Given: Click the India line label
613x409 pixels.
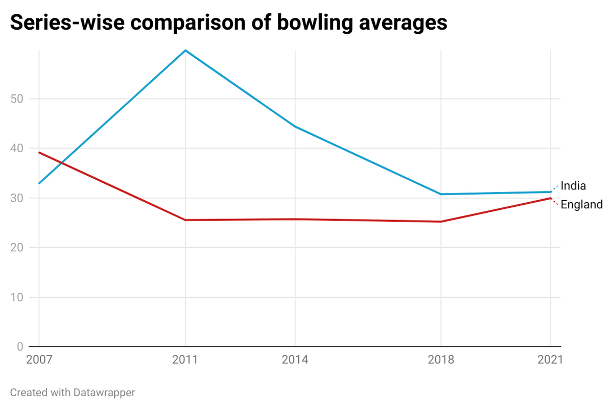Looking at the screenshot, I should [573, 186].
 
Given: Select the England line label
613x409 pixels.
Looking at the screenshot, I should [582, 205].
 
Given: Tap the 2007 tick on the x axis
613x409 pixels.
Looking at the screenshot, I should [39, 359].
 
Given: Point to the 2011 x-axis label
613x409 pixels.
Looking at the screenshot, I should [185, 359].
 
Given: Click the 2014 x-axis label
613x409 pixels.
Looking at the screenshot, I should [295, 359].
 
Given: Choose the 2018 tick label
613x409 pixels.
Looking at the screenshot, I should [441, 359].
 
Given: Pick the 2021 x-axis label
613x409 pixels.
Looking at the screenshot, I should [550, 359].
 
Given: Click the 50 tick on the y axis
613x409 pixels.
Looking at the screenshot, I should [17, 99].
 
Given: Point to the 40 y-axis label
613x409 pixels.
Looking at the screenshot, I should [17, 148].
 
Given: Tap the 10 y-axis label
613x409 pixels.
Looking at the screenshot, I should [17, 297].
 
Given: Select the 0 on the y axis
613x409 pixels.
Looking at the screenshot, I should [20, 347].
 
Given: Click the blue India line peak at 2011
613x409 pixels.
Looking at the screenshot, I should [185, 51].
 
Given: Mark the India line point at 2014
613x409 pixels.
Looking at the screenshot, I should [295, 126].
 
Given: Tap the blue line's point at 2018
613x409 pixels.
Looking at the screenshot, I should [441, 194].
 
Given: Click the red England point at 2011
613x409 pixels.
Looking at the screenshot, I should [185, 220].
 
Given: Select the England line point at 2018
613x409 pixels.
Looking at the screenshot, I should [441, 222].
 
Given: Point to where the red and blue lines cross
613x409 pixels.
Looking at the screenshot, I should [61, 163].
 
